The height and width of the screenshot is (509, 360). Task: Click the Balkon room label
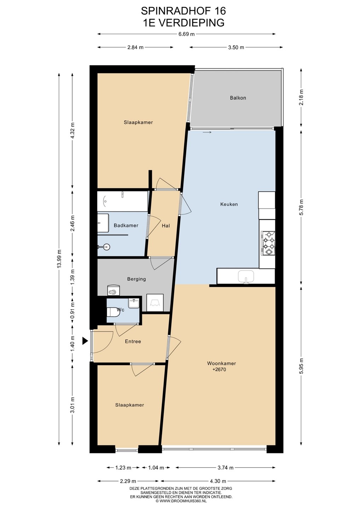coord(238,98)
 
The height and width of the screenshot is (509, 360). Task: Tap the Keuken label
coord(229,204)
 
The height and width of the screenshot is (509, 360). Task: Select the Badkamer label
coord(126,226)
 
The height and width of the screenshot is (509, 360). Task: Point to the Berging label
coord(137,279)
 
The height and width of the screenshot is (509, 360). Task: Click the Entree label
coord(133,341)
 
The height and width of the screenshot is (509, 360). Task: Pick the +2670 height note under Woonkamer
coord(219,369)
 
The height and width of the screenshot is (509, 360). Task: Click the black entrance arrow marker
coord(85,341)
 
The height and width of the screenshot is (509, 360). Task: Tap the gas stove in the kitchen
coord(268,243)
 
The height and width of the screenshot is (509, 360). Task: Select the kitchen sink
coord(246,277)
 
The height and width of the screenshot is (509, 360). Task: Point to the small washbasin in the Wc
coord(133,304)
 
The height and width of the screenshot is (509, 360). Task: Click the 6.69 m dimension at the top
coord(186,34)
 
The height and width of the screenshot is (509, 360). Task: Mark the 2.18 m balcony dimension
coord(301,97)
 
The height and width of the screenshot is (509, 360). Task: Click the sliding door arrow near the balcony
coord(207,132)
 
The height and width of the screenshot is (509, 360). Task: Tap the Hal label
coord(166,226)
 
